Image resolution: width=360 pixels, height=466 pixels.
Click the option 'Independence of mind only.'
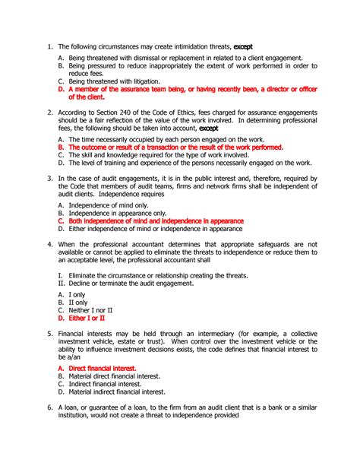111,205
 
